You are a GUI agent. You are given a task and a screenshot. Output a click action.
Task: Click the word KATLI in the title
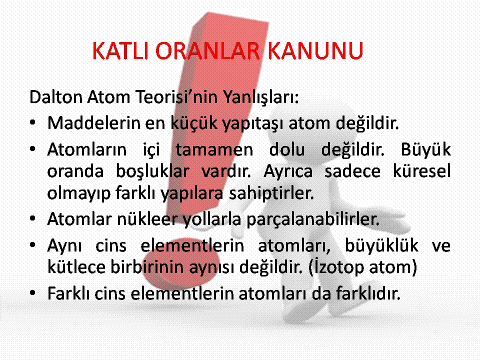(x=120, y=50)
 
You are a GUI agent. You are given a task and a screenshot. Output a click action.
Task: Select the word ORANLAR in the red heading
(x=207, y=50)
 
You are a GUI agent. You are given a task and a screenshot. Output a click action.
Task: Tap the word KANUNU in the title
(x=315, y=50)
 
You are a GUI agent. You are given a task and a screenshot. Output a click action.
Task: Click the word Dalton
(x=56, y=96)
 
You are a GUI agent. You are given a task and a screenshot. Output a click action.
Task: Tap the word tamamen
(x=214, y=150)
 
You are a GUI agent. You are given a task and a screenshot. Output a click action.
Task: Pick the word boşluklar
(x=152, y=171)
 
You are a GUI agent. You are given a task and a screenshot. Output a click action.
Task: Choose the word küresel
(x=422, y=171)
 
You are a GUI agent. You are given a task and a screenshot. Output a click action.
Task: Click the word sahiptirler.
(x=271, y=194)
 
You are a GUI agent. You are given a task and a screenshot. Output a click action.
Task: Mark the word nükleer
(x=147, y=219)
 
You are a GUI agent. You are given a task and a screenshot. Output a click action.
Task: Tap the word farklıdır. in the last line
(x=368, y=293)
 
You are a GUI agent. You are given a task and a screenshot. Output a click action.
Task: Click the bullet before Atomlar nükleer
(x=33, y=219)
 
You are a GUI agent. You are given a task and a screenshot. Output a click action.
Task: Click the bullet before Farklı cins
(x=33, y=293)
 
